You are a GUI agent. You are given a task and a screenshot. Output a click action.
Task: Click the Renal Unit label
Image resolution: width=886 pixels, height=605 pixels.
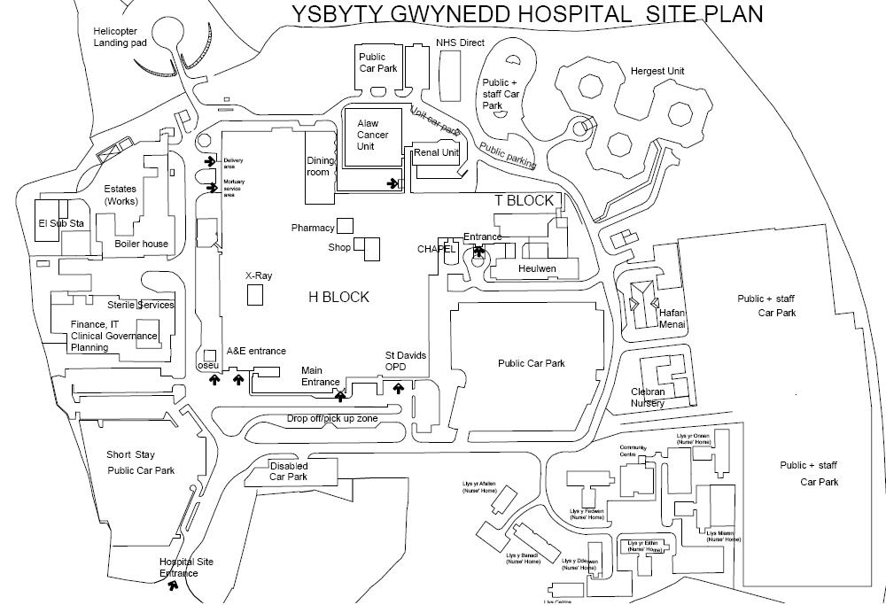tap(436, 153)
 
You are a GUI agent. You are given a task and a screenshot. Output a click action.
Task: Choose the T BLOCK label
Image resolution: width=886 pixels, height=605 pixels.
tap(524, 200)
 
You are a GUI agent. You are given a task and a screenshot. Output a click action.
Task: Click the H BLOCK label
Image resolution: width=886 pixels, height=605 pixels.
tap(338, 297)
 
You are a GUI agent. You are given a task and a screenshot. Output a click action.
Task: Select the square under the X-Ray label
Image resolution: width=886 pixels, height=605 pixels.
tap(255, 295)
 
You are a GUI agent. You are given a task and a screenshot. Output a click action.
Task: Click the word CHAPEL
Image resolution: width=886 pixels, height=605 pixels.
tap(436, 250)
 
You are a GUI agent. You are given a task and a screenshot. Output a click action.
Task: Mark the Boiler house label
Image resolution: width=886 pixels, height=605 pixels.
tap(142, 244)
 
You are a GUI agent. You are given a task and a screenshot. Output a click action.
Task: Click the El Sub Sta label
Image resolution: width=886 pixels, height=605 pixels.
tap(60, 223)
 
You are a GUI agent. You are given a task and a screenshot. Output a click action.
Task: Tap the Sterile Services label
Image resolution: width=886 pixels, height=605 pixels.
tap(142, 305)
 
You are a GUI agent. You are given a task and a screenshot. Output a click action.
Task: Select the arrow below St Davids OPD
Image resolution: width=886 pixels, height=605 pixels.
tap(398, 387)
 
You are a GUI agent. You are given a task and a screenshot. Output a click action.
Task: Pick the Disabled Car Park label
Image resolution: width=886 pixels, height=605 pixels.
tap(289, 471)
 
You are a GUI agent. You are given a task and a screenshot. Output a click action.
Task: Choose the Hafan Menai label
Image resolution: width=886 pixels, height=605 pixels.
tap(672, 318)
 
